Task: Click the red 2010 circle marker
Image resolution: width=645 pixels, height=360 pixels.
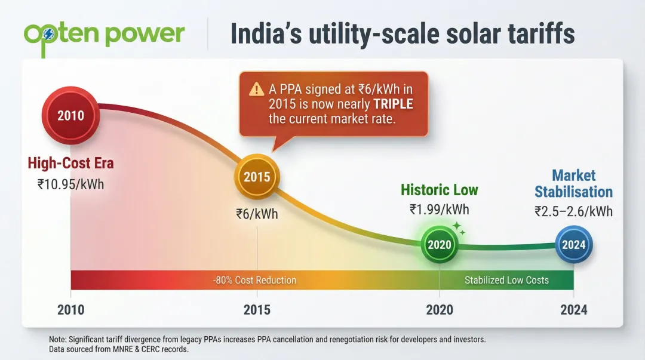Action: tap(70, 115)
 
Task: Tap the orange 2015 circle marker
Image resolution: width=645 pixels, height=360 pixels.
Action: tap(257, 177)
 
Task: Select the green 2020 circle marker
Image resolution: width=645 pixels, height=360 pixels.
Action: tap(440, 245)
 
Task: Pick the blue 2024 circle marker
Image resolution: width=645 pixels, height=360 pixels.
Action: tap(574, 245)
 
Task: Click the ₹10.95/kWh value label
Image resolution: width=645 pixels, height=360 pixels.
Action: tap(70, 184)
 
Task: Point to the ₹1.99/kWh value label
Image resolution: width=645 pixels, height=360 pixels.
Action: tap(439, 210)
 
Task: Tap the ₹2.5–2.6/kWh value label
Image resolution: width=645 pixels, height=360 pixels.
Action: tap(573, 211)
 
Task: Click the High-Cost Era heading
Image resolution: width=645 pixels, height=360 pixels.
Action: tap(70, 163)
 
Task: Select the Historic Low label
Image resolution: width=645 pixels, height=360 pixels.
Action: tap(439, 190)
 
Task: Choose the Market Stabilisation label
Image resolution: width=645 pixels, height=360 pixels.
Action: tap(573, 183)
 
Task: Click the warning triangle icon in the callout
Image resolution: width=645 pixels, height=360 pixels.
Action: tap(256, 90)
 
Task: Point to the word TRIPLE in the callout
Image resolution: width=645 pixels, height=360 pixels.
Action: tap(391, 104)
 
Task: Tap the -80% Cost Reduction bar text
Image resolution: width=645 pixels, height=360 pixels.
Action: tap(255, 280)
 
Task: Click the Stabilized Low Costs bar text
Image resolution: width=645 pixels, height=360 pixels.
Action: tap(506, 280)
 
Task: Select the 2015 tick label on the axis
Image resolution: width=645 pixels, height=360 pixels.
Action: tap(257, 310)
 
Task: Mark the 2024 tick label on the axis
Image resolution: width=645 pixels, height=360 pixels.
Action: tap(573, 310)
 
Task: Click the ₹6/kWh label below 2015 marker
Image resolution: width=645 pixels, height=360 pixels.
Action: tap(257, 214)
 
